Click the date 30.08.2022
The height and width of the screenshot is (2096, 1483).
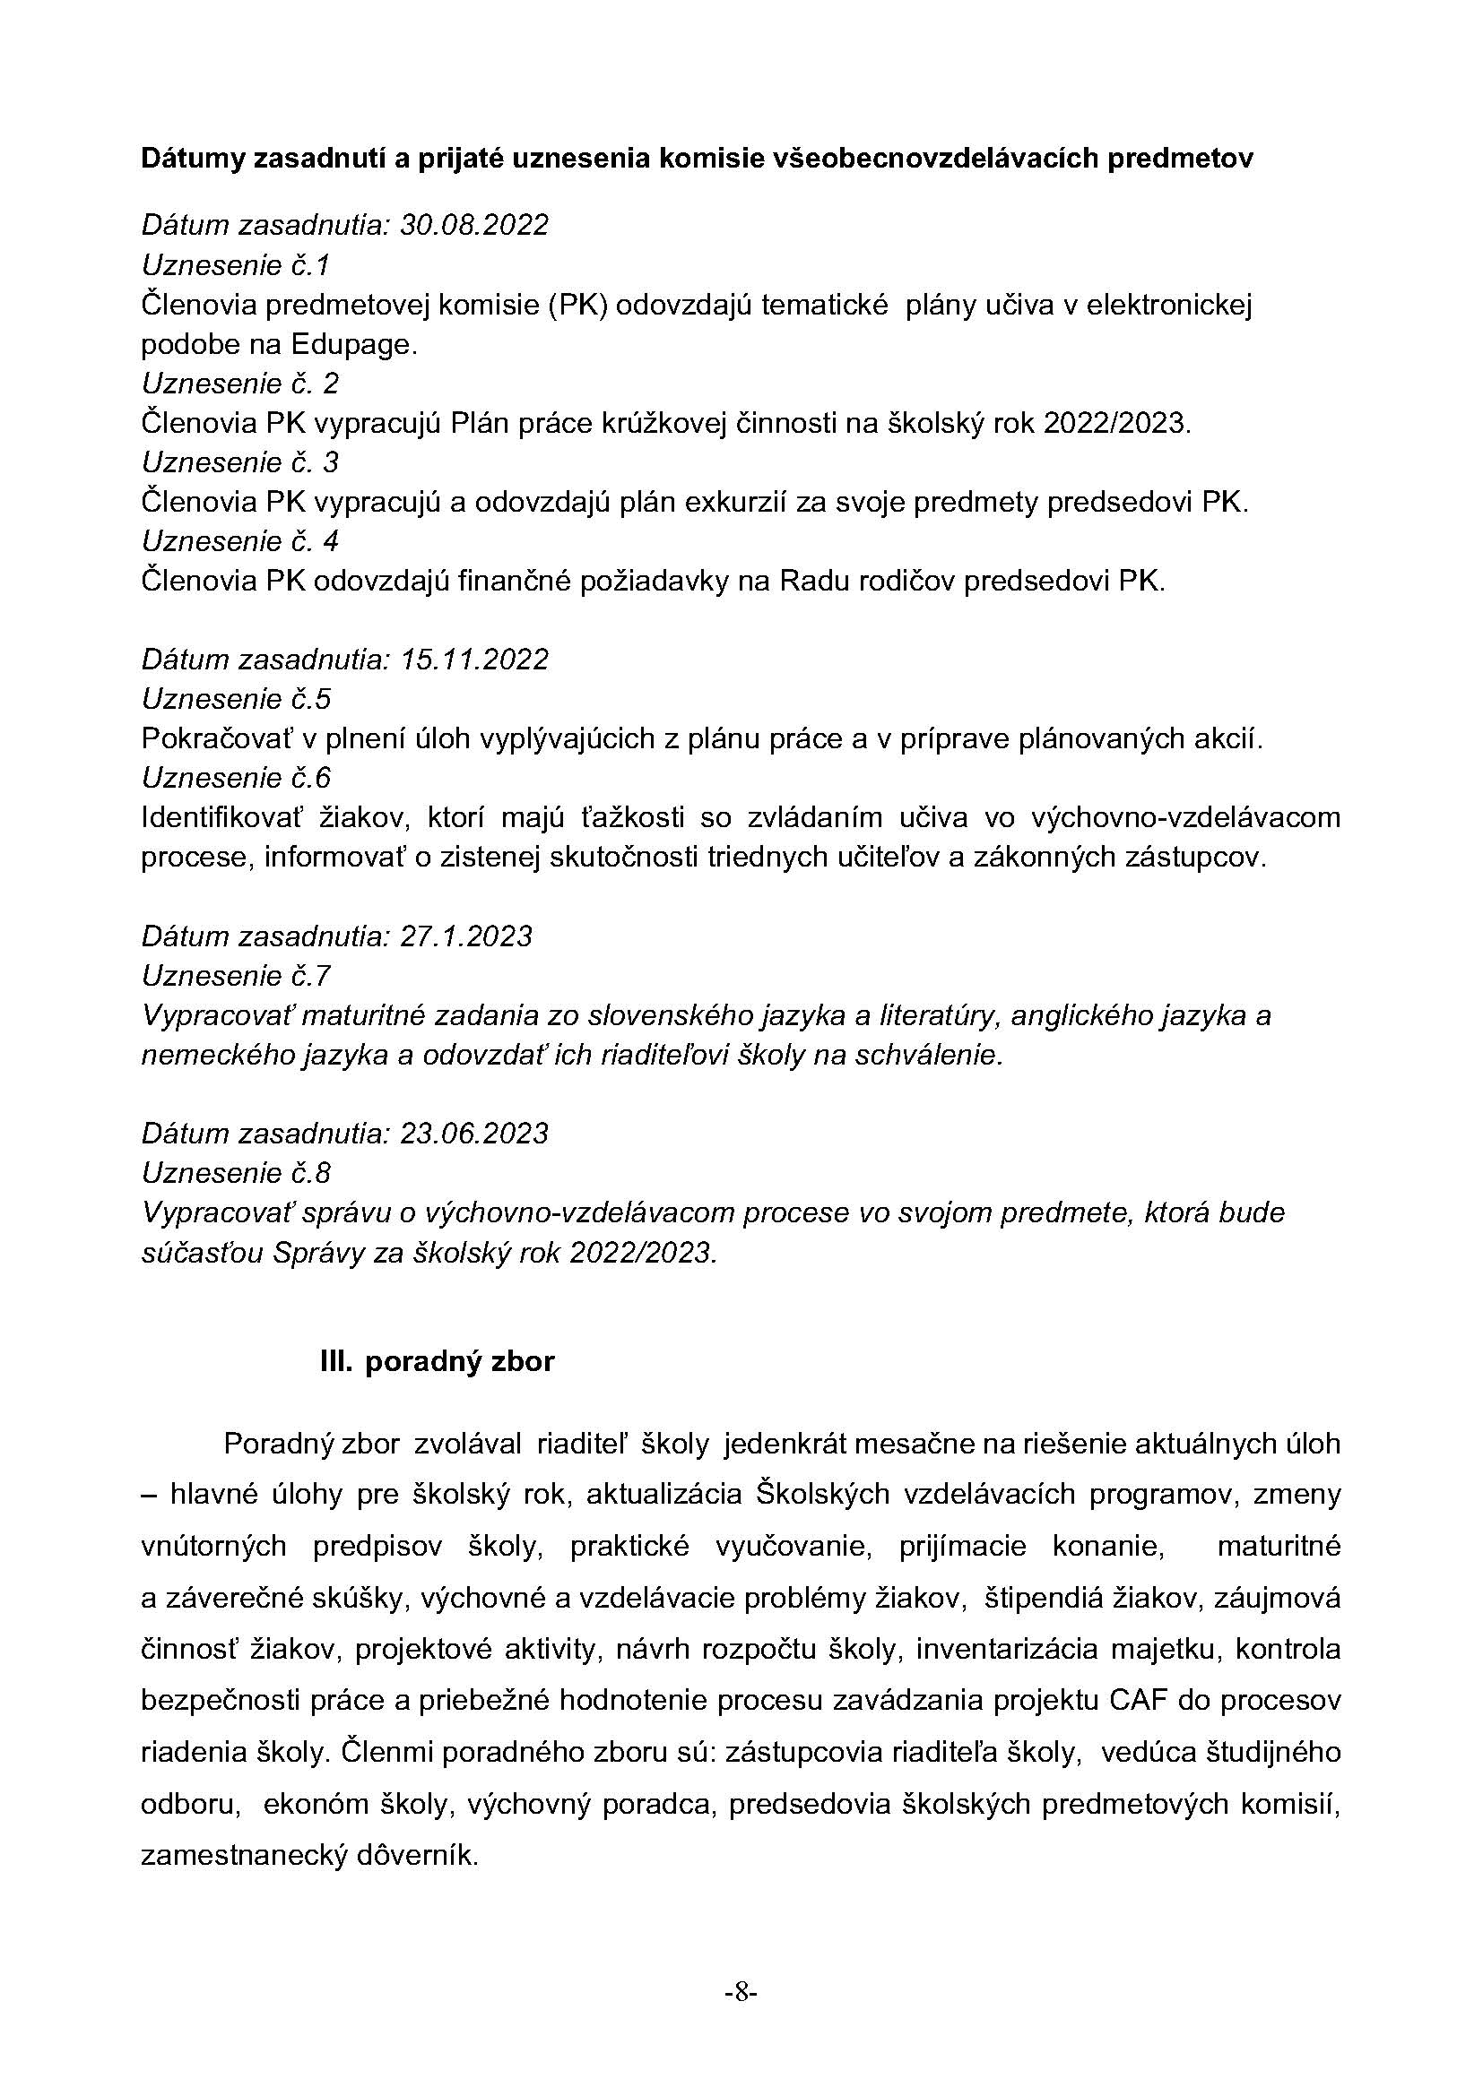474,225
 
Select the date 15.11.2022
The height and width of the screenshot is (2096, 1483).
474,660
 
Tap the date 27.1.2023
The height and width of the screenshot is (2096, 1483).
465,936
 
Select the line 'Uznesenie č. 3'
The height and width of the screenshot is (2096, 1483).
240,462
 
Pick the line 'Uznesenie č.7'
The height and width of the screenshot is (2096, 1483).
236,976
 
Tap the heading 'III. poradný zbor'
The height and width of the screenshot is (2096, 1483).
438,1362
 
